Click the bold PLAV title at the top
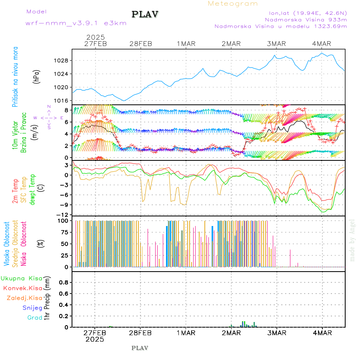(x=146, y=14)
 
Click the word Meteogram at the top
(x=233, y=4)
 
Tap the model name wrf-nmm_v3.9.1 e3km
(x=76, y=23)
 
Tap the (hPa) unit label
(x=36, y=76)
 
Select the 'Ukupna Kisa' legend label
(x=22, y=278)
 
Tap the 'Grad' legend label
(x=34, y=318)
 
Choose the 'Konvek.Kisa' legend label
(x=22, y=288)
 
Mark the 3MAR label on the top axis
(x=276, y=44)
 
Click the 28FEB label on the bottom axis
(x=140, y=333)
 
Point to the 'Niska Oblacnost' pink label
(x=24, y=244)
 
